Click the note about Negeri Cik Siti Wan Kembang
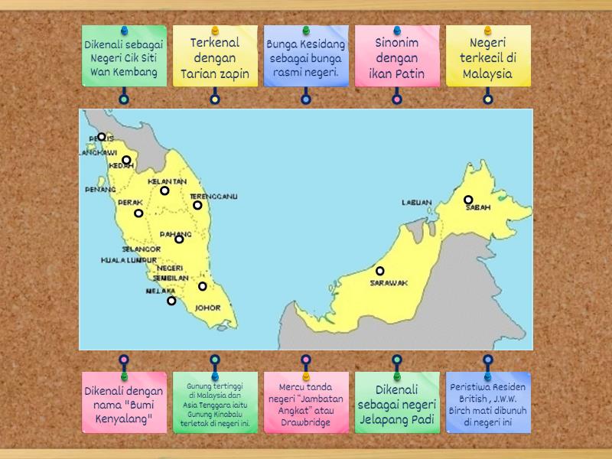pos(124,58)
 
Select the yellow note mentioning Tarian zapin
pos(215,58)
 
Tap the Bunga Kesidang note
pos(306,58)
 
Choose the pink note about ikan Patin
pos(397,58)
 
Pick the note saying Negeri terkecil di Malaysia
pos(488,58)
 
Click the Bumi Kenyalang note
pos(124,403)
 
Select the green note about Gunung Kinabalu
pos(215,403)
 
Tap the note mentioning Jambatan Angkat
pos(306,403)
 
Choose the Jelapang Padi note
pos(397,403)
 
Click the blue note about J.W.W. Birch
pos(488,403)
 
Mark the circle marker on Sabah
pos(468,200)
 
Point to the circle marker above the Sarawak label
pos(379,271)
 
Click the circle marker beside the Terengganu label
pos(197,205)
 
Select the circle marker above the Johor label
pos(203,287)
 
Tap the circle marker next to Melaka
pos(171,301)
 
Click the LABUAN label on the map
pos(417,203)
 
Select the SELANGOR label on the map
pos(141,249)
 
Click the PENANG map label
pos(100,189)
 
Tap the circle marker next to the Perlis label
pos(102,137)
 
